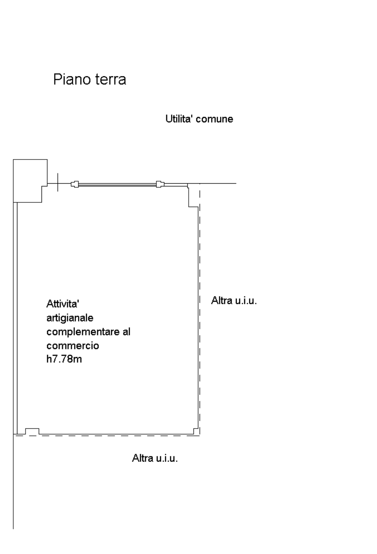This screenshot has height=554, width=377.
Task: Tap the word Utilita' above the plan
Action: (x=177, y=119)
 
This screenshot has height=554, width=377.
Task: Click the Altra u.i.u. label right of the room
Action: (x=234, y=301)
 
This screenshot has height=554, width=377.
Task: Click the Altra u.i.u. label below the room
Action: (x=155, y=458)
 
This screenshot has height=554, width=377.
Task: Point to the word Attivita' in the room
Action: (x=63, y=303)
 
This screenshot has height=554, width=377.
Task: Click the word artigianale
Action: (x=70, y=318)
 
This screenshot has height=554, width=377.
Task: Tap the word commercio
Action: (x=73, y=346)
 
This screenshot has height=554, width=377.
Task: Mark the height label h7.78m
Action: (x=64, y=359)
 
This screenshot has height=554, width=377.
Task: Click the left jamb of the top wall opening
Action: (x=75, y=184)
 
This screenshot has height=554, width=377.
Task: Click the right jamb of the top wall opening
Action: (x=160, y=184)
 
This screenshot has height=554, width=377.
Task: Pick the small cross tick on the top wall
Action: (x=58, y=183)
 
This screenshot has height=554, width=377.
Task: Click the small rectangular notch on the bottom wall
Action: (x=32, y=431)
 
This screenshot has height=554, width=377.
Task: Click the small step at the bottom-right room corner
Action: (x=196, y=431)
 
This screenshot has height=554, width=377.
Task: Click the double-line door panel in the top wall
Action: (x=117, y=184)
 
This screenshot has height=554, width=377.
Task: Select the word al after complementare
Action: (x=126, y=332)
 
